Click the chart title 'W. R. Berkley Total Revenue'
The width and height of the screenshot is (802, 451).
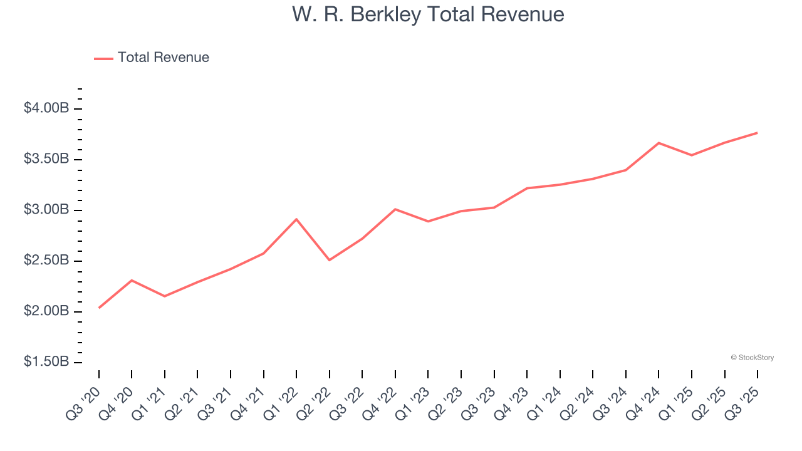coord(428,15)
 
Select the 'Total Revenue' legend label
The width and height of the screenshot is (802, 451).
coord(163,58)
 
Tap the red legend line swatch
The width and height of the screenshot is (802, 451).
coord(103,58)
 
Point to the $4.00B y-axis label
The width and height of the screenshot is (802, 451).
coord(46,108)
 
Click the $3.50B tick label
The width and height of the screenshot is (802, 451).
coord(46,159)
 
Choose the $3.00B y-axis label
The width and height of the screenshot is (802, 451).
coord(46,210)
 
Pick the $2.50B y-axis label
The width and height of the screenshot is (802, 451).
coord(46,261)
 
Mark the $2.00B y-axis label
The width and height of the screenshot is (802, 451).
coord(46,311)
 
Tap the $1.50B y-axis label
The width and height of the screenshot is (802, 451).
coord(46,362)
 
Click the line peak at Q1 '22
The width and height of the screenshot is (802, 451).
coord(296,219)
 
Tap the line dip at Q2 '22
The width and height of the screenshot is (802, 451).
coord(330,260)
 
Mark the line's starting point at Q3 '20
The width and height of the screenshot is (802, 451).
coord(99,308)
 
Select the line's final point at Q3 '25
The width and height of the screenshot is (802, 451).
coord(757,133)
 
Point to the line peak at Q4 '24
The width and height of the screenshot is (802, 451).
coord(659,143)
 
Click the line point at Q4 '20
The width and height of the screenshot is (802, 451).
coord(132,280)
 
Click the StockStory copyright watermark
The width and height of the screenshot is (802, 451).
coord(752,358)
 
